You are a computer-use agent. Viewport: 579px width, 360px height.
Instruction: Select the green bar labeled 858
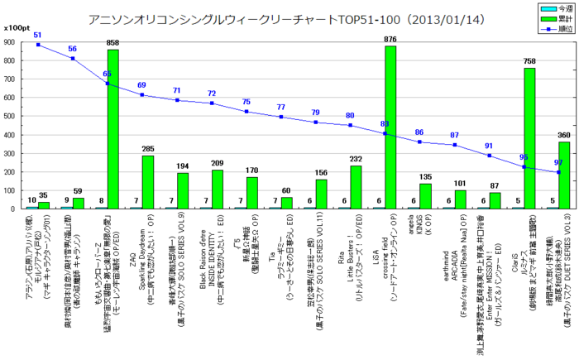[113, 128]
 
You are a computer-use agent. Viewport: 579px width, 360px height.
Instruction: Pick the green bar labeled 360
[564, 175]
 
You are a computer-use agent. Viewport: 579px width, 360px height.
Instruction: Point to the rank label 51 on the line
[37, 36]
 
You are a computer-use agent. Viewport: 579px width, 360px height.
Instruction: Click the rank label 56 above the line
[72, 50]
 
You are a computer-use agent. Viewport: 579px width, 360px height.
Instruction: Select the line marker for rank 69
[141, 95]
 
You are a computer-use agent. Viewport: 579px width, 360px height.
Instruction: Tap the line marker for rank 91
[488, 156]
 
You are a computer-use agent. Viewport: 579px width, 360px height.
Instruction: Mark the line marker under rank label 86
[419, 142]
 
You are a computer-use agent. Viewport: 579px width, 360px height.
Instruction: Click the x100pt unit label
[15, 27]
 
